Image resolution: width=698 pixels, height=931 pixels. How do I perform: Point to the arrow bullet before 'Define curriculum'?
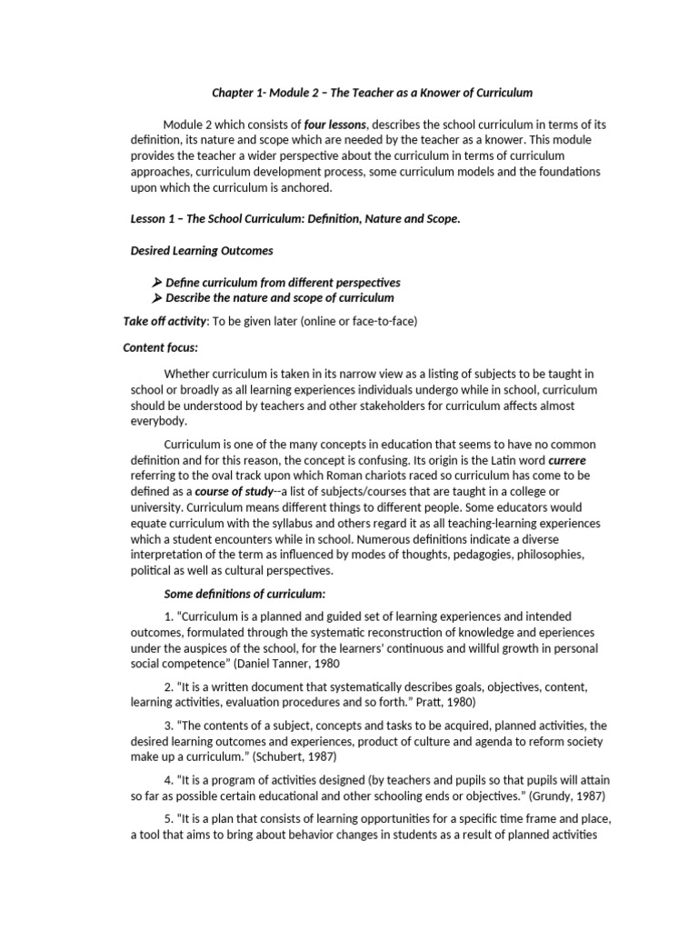(156, 283)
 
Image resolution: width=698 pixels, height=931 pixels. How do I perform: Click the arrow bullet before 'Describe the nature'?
(156, 298)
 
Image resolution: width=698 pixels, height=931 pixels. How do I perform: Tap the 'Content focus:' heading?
(160, 347)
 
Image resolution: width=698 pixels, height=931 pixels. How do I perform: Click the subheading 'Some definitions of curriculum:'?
(244, 594)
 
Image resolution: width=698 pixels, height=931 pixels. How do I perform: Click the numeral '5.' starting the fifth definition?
(170, 820)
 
